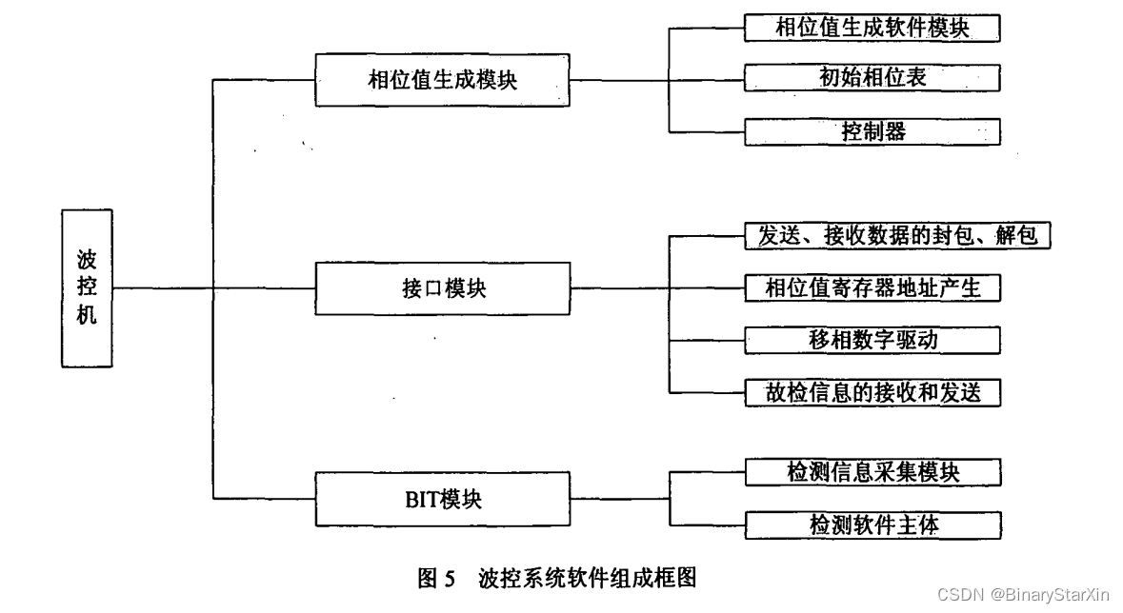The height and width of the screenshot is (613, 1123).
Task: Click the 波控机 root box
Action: pos(87,287)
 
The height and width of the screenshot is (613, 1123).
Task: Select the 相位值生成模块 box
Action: pos(441,80)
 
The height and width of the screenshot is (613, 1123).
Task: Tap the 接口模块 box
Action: pos(441,287)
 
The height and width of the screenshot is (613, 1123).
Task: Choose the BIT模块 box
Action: pos(441,499)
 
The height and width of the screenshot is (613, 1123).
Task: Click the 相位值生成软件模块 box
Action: pos(872,28)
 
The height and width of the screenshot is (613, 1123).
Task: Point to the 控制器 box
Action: pos(872,130)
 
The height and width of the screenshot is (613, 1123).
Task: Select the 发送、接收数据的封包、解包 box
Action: pos(896,235)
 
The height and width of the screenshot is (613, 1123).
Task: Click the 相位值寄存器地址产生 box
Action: pos(872,287)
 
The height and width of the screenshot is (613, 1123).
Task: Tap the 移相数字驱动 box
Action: pos(872,340)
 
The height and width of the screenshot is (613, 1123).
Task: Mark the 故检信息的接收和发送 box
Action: pos(872,392)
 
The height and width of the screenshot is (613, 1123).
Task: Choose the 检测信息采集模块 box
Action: pos(872,471)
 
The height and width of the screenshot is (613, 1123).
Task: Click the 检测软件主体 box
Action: pos(872,524)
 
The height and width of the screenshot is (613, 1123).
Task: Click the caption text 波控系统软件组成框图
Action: pos(590,577)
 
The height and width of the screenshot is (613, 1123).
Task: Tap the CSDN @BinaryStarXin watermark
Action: pos(1023,594)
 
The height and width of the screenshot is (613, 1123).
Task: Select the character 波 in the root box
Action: pos(87,260)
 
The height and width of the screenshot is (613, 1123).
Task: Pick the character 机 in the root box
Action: pos(87,315)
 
